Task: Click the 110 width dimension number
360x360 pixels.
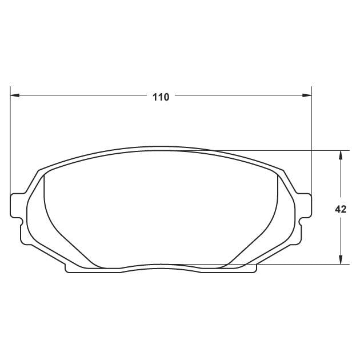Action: click(x=161, y=97)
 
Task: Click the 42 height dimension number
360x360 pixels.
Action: click(x=341, y=209)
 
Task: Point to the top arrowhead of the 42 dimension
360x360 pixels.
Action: click(x=341, y=155)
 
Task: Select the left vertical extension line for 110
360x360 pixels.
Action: click(x=10, y=143)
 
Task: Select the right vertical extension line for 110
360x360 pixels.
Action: click(x=311, y=143)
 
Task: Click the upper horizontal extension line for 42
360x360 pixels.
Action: click(x=286, y=150)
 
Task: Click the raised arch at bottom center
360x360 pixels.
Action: click(x=161, y=265)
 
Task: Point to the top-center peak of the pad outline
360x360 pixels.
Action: click(x=161, y=146)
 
